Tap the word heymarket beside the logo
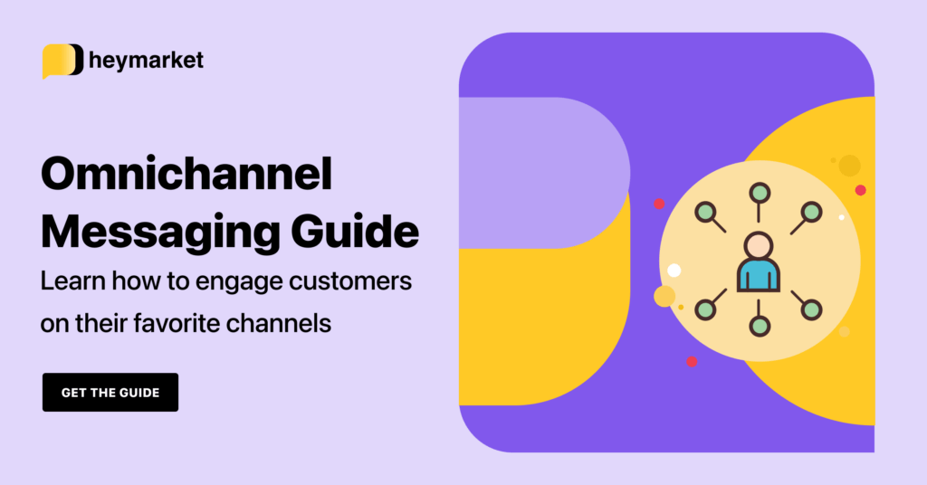coord(147,61)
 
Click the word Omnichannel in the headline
coord(186,176)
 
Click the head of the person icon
coord(758,244)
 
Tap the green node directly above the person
coord(760,193)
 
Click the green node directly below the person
coord(760,326)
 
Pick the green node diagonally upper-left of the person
coord(705,212)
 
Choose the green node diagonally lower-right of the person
coord(812,309)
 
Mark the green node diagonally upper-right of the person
coord(812,212)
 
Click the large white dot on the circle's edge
coord(674,270)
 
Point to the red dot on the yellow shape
coord(860,190)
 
